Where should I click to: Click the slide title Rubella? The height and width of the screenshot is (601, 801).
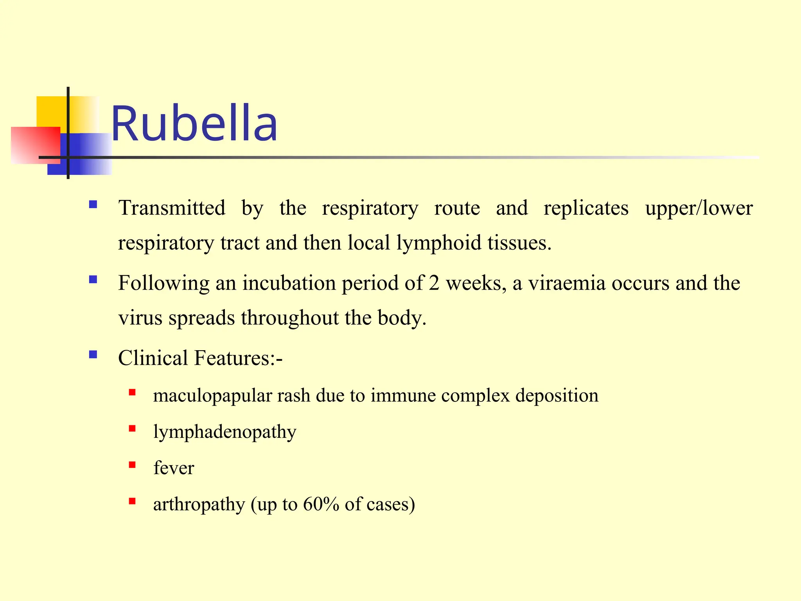click(x=194, y=124)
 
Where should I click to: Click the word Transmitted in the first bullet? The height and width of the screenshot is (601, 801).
click(x=172, y=208)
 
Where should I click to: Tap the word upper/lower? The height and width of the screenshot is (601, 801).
click(x=699, y=208)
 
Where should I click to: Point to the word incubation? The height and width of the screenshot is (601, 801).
click(x=289, y=283)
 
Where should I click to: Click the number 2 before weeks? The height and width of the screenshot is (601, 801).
click(x=434, y=283)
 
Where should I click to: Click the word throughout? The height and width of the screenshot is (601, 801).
click(x=289, y=318)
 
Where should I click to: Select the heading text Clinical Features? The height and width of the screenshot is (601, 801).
click(x=200, y=358)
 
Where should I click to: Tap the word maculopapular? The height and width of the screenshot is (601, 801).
click(x=212, y=396)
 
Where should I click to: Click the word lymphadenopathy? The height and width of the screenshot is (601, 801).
click(x=224, y=432)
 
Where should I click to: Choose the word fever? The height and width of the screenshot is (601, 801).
click(x=174, y=468)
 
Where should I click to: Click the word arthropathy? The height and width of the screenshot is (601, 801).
click(x=199, y=504)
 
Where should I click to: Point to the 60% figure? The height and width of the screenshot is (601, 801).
click(x=321, y=504)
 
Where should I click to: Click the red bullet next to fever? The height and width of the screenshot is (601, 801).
click(x=132, y=465)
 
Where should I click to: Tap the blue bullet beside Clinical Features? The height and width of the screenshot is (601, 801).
click(x=93, y=354)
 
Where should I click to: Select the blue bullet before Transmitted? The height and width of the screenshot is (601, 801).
click(x=93, y=204)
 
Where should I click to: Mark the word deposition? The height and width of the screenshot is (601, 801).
click(x=557, y=396)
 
